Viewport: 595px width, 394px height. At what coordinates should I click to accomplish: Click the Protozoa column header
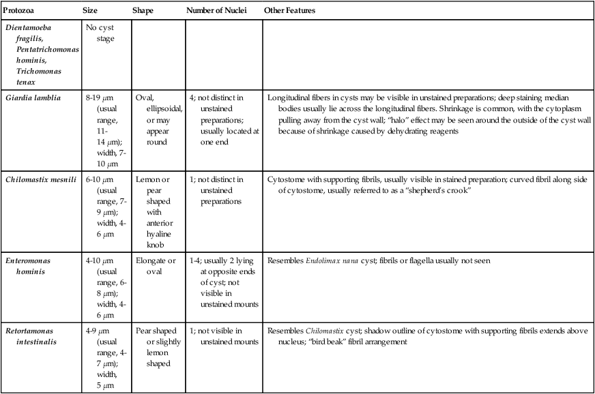(20, 12)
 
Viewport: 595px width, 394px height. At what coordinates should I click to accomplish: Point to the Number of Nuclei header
(216, 12)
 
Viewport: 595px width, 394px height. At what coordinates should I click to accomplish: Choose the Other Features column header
(289, 12)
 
